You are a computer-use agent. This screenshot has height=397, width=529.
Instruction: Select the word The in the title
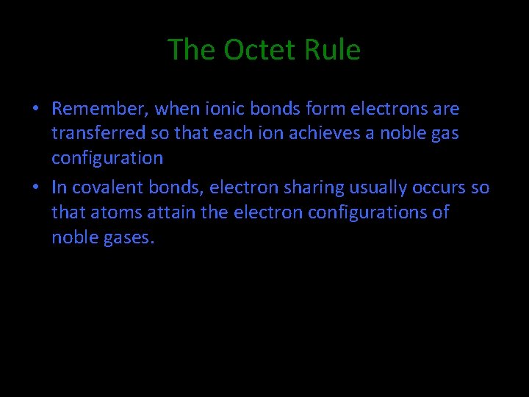tap(192, 50)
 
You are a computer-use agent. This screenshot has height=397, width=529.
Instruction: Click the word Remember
tap(101, 110)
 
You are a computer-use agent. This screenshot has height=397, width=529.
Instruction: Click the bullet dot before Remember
tap(35, 110)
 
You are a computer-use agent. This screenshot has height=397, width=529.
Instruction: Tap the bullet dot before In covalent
tap(35, 188)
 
